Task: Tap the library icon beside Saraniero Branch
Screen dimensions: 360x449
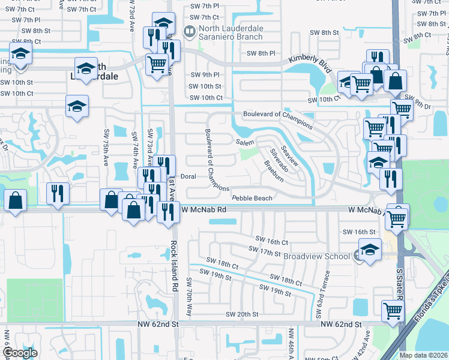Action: [x=188, y=30]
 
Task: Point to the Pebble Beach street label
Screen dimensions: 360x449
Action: [x=252, y=197]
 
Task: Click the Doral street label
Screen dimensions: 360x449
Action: [x=188, y=176]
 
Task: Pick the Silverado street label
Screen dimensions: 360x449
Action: [x=279, y=160]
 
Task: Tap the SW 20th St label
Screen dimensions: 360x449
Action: [x=242, y=314]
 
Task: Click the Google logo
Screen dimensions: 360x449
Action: [x=20, y=353]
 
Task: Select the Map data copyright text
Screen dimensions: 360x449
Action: [x=424, y=355]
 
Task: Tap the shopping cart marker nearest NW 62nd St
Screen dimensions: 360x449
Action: [x=392, y=311]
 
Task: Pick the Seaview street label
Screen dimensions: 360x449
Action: [x=289, y=154]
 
